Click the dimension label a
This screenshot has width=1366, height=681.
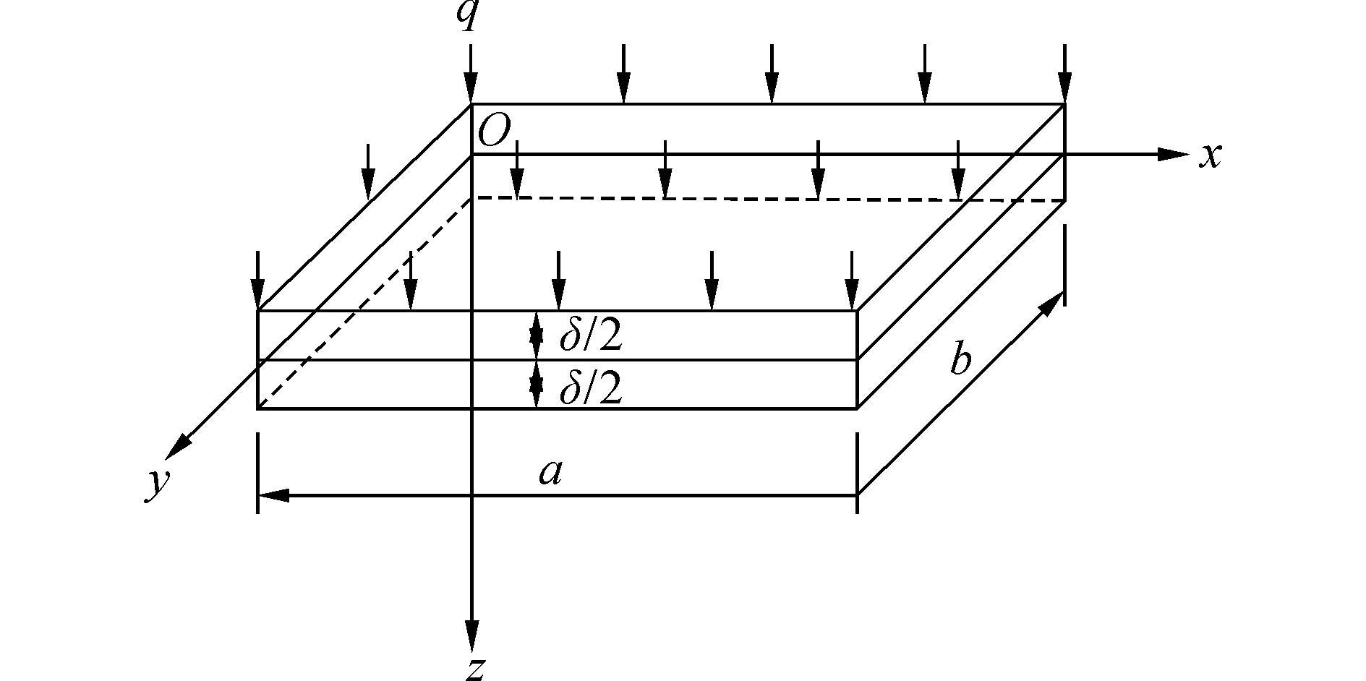(x=550, y=474)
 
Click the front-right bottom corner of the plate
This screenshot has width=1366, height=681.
(x=857, y=408)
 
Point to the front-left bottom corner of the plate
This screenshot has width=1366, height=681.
(x=258, y=408)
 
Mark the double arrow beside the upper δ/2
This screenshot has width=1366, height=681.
(x=536, y=335)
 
